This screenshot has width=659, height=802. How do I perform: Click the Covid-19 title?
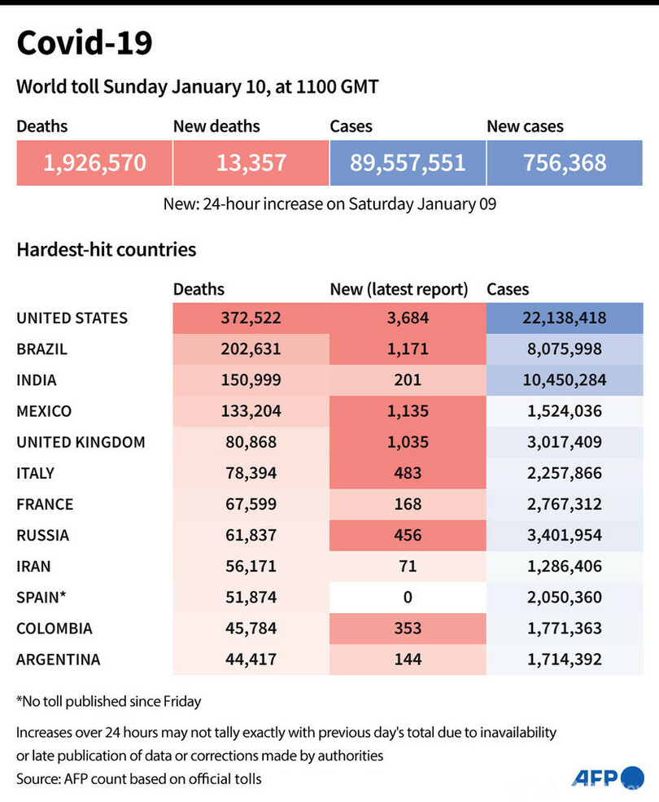coord(84,43)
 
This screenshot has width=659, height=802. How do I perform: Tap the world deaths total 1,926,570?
coord(94,162)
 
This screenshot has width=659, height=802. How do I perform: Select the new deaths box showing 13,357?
coord(251,162)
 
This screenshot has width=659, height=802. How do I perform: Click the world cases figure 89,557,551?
coord(408,162)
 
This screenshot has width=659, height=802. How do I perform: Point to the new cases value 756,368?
coord(565,162)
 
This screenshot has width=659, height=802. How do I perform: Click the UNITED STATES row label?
coord(72,318)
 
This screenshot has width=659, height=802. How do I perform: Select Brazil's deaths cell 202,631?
coord(251,349)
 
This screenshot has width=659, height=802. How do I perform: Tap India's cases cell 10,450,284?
coord(565,380)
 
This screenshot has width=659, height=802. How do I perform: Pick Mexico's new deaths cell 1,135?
coord(408,411)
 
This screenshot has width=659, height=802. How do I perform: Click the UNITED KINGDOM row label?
coord(81,442)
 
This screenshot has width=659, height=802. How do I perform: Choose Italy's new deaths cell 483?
coord(408,473)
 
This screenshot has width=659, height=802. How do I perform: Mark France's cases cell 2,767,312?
coord(565,504)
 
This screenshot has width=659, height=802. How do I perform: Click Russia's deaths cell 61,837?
coord(251,535)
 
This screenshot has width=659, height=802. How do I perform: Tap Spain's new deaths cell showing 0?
coord(408,597)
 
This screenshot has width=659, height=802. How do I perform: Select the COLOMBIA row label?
coord(55,628)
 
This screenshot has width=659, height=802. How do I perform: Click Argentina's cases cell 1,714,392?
coord(565,659)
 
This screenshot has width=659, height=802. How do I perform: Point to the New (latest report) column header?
coord(399,289)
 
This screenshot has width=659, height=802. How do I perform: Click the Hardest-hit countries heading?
coord(107,249)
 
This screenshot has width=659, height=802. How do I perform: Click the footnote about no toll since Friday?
coord(108,701)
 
